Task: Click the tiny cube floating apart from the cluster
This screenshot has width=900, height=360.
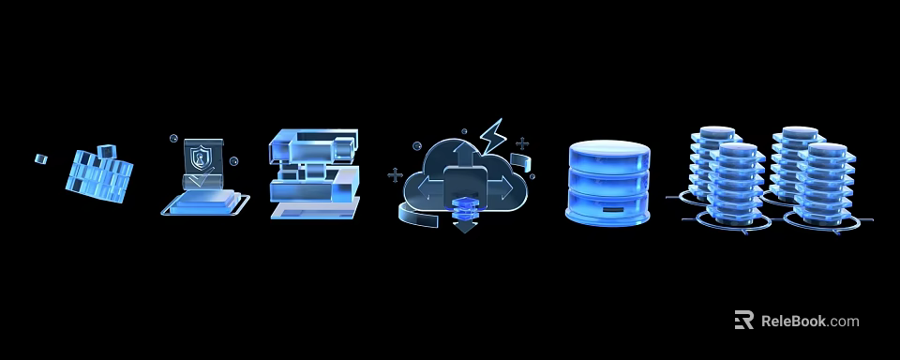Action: click(x=40, y=158)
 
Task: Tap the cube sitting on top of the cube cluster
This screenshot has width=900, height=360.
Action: click(x=106, y=150)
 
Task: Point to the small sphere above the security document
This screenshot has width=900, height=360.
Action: click(x=174, y=139)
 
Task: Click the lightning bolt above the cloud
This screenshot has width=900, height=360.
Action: click(x=492, y=135)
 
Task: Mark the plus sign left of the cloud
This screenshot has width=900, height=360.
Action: click(x=395, y=175)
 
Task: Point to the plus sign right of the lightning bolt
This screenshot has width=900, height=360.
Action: click(x=522, y=143)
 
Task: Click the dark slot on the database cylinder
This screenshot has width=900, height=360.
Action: click(x=608, y=208)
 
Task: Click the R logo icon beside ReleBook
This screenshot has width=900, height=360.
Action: click(x=744, y=321)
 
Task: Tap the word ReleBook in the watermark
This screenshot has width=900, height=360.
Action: click(x=793, y=321)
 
